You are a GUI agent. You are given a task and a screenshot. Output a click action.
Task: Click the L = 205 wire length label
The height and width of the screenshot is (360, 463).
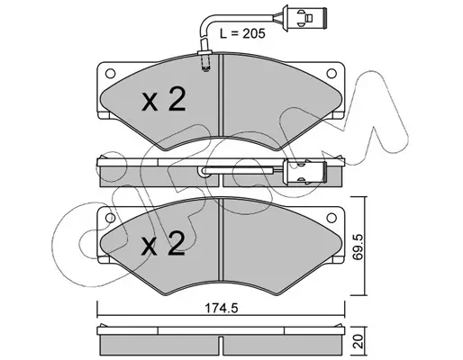coord(242,33)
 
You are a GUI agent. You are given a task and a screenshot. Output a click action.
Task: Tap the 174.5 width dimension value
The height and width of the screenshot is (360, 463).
coord(221,308)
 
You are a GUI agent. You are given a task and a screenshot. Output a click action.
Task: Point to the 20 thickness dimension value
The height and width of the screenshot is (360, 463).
coord(359,342)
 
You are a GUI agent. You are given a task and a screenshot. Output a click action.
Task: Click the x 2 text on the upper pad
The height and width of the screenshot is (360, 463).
coord(164,99)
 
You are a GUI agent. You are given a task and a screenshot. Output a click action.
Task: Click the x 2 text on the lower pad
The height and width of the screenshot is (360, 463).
coord(163,243)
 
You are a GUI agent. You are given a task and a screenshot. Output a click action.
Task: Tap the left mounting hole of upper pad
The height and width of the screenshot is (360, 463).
coord(111,73)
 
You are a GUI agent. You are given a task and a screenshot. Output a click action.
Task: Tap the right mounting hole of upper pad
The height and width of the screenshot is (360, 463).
coord(331,73)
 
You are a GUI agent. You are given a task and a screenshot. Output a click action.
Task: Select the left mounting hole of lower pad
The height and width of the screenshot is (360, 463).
coord(111,218)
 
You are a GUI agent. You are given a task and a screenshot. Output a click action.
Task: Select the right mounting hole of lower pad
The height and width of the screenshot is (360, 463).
coord(331,218)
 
